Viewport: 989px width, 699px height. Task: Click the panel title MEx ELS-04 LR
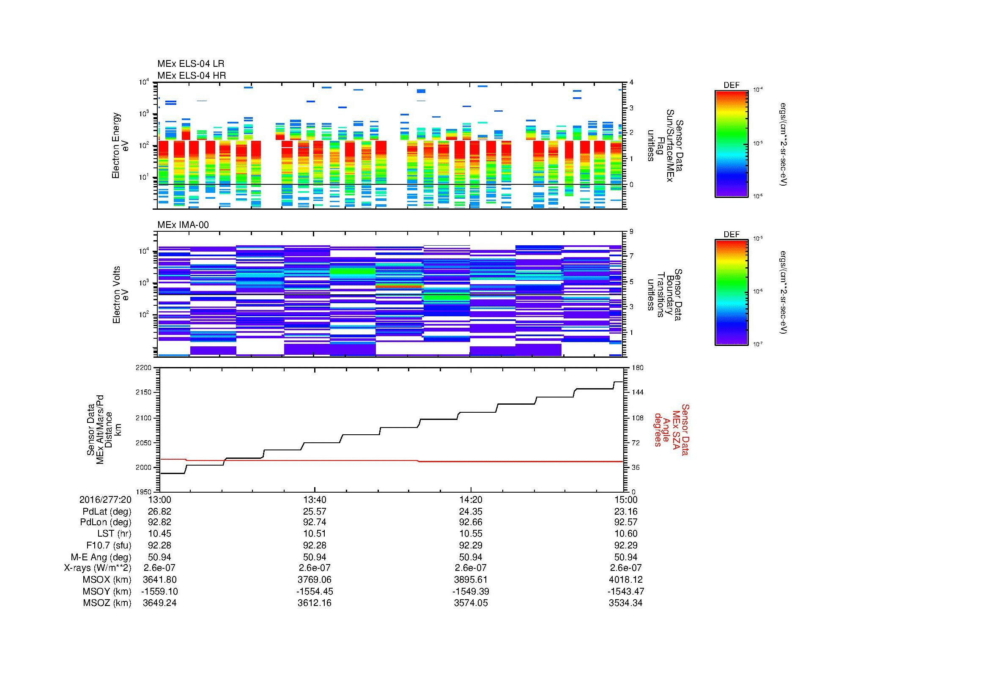(x=190, y=64)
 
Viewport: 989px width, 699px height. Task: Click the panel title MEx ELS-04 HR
(x=191, y=75)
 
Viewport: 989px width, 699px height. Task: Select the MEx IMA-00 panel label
(x=183, y=225)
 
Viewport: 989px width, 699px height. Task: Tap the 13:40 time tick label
(x=315, y=499)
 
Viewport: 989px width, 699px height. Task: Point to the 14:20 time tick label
(x=471, y=499)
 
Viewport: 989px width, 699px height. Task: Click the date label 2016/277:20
(x=105, y=499)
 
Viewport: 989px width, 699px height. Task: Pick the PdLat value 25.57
(x=315, y=511)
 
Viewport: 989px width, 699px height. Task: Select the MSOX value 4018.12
(x=625, y=580)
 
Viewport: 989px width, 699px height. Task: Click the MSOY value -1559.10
(x=159, y=591)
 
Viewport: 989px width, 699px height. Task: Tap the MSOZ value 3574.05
(x=471, y=603)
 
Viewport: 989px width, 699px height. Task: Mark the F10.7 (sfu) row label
(x=109, y=545)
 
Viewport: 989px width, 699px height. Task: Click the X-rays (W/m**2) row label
(x=98, y=568)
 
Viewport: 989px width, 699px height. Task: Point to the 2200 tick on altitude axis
(x=143, y=368)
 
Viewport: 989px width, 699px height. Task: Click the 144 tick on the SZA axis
(x=637, y=392)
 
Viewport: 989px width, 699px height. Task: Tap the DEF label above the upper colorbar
(x=731, y=85)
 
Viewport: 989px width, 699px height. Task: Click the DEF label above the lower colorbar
(x=731, y=234)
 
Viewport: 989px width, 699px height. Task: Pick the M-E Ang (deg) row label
(x=101, y=557)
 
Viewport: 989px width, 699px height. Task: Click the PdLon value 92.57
(x=625, y=522)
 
